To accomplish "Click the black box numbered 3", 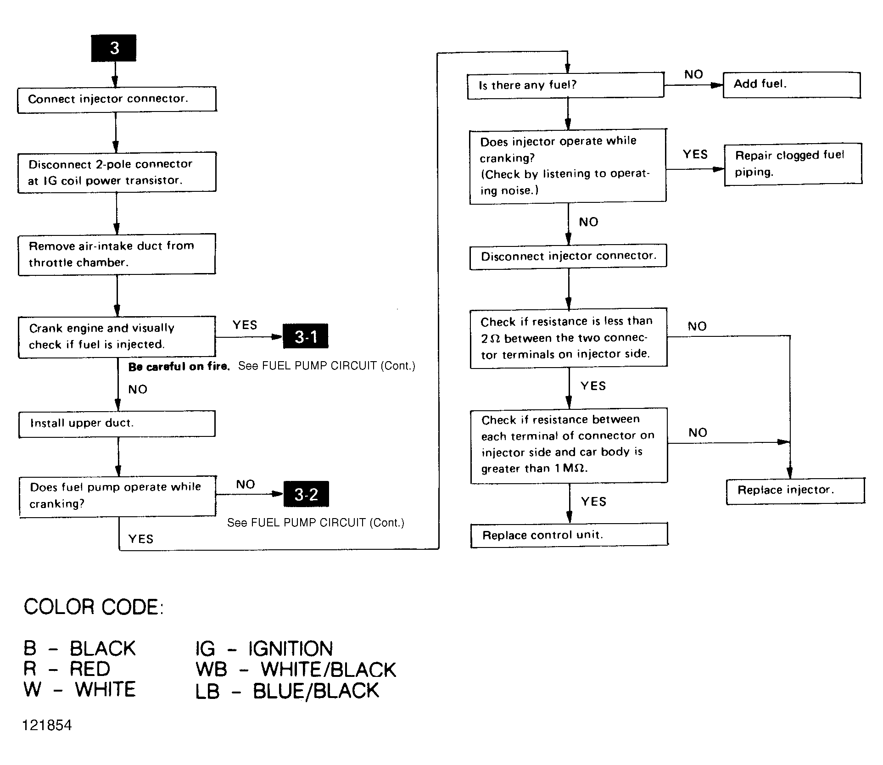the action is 114,48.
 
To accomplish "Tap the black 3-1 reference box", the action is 306,337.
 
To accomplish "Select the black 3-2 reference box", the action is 306,494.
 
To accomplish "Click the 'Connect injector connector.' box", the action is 117,99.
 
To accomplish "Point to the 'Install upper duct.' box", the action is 117,424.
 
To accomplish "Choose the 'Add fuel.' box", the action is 792,85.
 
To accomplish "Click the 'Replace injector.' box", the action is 795,491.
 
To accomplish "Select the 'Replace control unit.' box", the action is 570,535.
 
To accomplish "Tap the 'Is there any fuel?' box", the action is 565,85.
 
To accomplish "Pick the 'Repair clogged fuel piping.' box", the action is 793,164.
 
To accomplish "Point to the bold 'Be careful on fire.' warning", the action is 179,366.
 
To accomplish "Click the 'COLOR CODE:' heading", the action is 94,607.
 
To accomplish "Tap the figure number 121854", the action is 47,725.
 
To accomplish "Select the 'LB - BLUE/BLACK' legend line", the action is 287,691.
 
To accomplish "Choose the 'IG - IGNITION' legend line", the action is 264,648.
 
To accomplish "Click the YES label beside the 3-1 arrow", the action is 245,325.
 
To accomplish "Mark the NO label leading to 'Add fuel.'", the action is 693,74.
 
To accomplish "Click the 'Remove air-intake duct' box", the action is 117,255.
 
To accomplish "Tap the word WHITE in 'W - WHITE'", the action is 106,689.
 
